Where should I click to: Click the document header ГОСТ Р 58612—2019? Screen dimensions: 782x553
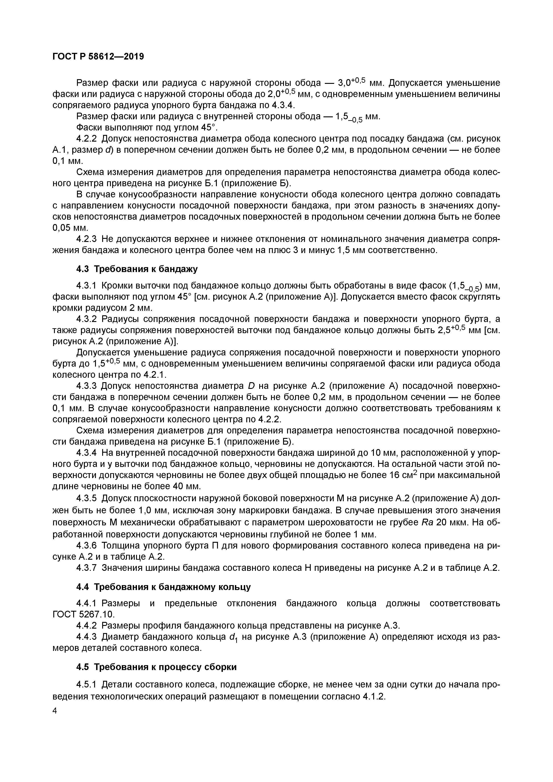point(98,57)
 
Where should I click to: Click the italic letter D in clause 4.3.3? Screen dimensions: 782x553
point(251,386)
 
